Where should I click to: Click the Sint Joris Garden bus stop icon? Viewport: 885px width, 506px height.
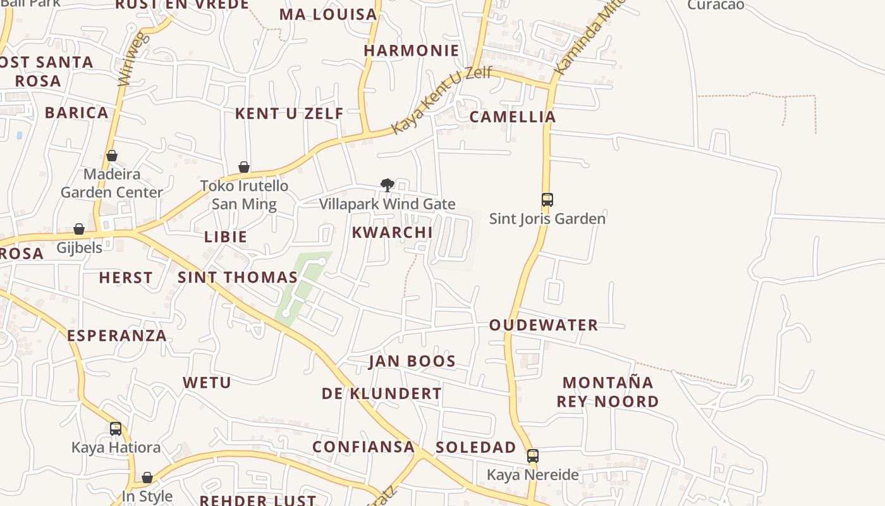pos(547,200)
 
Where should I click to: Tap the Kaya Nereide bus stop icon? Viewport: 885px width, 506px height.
pos(533,456)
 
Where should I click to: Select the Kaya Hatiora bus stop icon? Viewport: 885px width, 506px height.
pos(116,429)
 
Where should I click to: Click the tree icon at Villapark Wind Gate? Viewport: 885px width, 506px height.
pos(388,185)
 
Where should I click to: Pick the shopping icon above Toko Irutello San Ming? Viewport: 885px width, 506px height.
pos(244,167)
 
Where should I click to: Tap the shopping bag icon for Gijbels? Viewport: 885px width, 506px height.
pos(79,229)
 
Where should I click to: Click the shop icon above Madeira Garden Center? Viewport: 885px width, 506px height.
pos(112,156)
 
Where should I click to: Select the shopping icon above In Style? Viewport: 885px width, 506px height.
pos(147,478)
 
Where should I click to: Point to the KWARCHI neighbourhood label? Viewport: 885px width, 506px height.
pos(392,232)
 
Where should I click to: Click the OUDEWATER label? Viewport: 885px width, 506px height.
pos(543,325)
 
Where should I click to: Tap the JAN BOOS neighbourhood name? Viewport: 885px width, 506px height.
pos(412,361)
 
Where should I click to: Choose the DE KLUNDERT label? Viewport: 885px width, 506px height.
pos(382,393)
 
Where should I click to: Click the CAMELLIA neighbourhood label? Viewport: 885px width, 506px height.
pos(513,116)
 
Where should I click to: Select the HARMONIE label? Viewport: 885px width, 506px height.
pos(412,51)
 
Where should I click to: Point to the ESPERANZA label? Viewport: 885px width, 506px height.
pos(117,335)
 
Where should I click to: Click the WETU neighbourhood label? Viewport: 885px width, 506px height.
pos(207,382)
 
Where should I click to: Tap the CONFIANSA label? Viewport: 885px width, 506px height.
pos(363,447)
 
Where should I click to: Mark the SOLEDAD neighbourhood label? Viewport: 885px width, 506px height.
pos(476,447)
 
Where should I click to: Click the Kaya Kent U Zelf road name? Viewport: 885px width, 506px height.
pos(441,100)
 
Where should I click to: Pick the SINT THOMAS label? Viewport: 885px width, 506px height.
pos(238,277)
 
